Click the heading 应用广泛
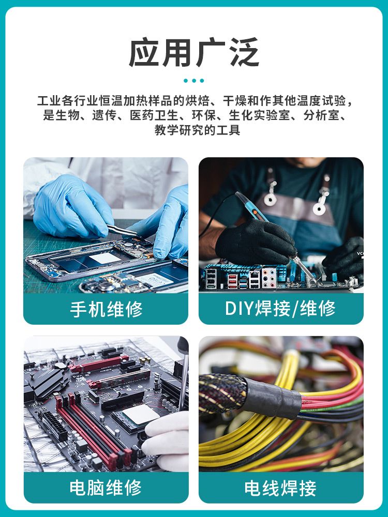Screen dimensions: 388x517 tap(193, 53)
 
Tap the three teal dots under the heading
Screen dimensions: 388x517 tap(193, 81)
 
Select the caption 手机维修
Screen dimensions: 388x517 tap(106, 309)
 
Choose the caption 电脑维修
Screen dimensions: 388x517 tap(106, 488)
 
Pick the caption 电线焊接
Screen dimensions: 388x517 tap(280, 488)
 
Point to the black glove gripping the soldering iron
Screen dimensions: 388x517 tap(256, 242)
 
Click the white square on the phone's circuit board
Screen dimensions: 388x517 tap(105, 257)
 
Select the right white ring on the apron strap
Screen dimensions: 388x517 tap(319, 208)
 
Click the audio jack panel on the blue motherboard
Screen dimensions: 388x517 tap(268, 278)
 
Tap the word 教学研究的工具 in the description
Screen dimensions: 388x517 tap(197, 130)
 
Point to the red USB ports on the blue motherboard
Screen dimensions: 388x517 tap(232, 280)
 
